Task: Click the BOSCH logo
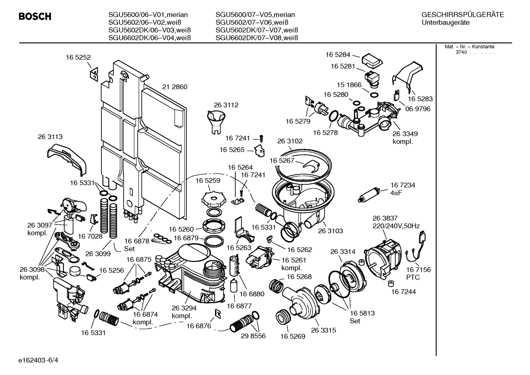tap(35, 17)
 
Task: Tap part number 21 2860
tap(175, 87)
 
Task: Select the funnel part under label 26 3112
tap(216, 123)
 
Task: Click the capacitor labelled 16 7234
tap(369, 195)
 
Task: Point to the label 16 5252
tap(78, 57)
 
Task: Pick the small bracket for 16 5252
tap(94, 74)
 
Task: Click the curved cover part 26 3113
tap(67, 160)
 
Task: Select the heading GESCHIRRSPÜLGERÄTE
tap(463, 15)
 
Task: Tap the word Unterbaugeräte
tap(445, 23)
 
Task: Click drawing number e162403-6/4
tap(38, 360)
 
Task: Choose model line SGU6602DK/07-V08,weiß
tap(257, 38)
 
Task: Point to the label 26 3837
tap(385, 218)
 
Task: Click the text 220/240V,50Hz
tap(396, 226)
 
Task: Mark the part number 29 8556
tap(253, 336)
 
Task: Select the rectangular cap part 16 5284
tap(372, 61)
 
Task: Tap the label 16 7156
tap(419, 270)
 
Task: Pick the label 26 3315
tap(323, 330)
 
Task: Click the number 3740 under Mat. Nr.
tap(461, 52)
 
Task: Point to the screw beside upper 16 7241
tap(261, 138)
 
